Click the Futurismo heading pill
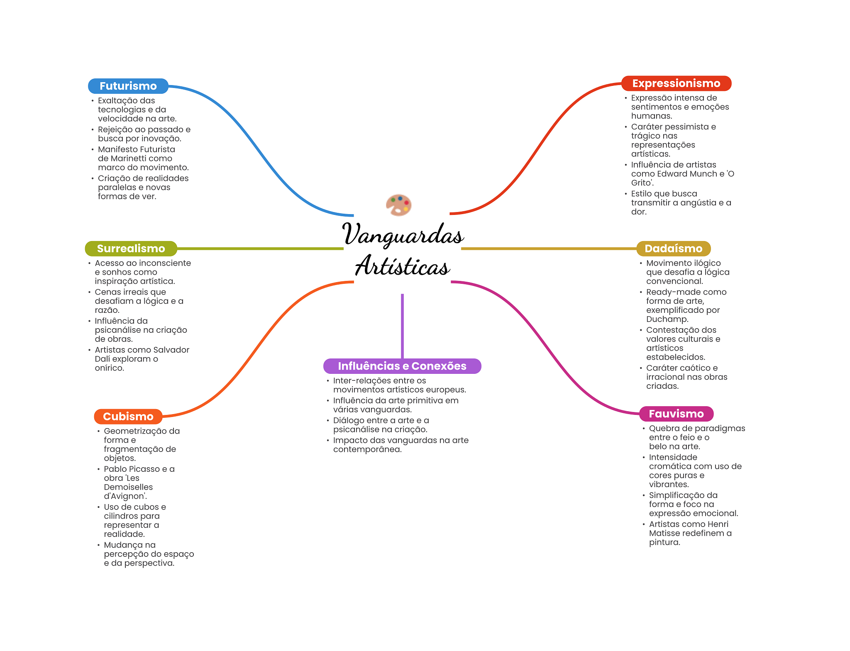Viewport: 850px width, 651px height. tap(128, 86)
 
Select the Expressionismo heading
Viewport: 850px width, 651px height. tap(676, 83)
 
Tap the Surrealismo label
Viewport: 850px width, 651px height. tap(131, 249)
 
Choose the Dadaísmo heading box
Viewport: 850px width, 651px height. tap(673, 249)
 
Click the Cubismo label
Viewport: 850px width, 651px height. tap(128, 416)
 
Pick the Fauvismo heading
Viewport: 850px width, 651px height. tap(676, 414)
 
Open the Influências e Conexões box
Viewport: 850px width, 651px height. tap(402, 366)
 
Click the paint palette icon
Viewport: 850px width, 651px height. tap(398, 205)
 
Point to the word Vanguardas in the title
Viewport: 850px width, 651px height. tap(403, 234)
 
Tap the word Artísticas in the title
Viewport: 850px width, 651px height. tap(403, 266)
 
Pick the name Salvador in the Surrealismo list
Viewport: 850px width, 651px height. tap(171, 350)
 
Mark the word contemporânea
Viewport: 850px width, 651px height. tap(367, 449)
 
